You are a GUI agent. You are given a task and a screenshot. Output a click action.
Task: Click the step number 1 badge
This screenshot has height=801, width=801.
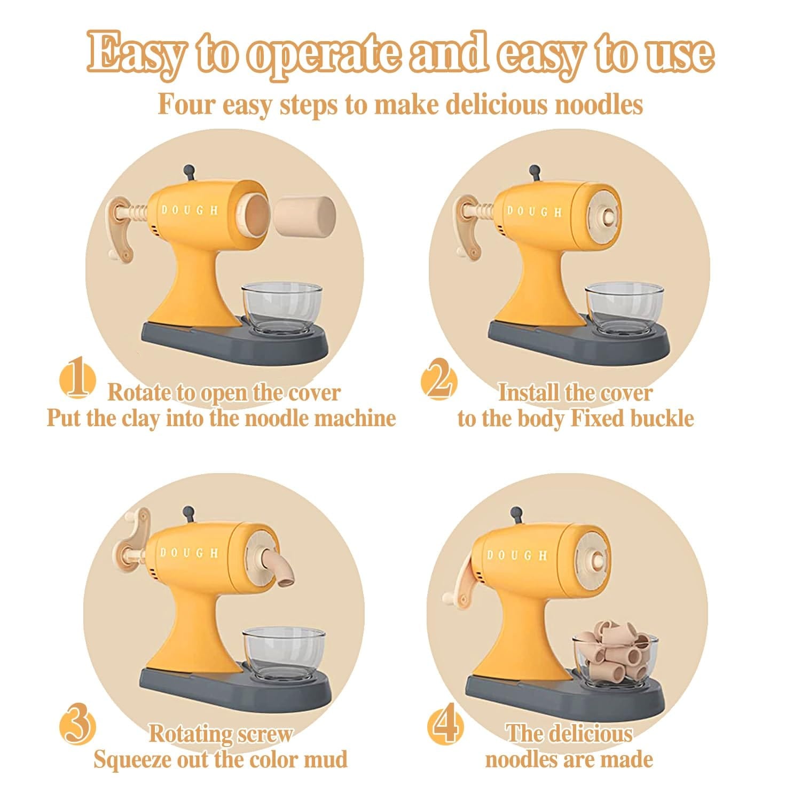click(77, 381)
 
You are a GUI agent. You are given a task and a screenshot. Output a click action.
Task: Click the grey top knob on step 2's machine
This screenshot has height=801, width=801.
click(534, 174)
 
